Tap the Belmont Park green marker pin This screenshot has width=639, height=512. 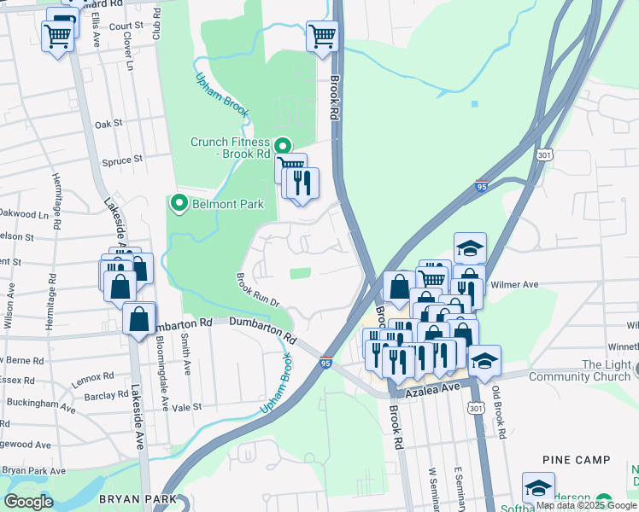pyautogui.click(x=179, y=203)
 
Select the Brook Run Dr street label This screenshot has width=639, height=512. pyautogui.click(x=258, y=287)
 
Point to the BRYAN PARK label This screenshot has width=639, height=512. pyautogui.click(x=138, y=499)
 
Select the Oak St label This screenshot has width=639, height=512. pyautogui.click(x=108, y=124)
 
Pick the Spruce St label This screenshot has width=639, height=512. pyautogui.click(x=122, y=160)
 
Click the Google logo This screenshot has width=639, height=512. pyautogui.click(x=29, y=502)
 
